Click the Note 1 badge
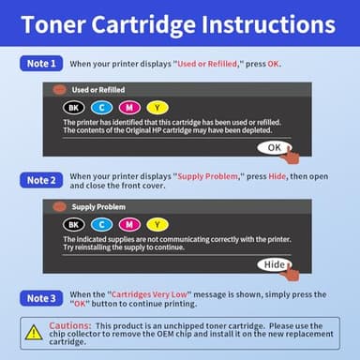[x=40, y=63]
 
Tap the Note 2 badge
[x=40, y=179]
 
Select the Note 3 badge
[x=40, y=298]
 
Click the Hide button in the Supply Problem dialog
[x=273, y=265]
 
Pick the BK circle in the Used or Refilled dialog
[x=74, y=109]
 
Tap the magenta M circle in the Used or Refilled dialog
[x=129, y=109]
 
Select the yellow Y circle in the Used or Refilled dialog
[x=157, y=109]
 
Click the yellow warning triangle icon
[x=34, y=333]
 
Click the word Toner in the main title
[x=67, y=23]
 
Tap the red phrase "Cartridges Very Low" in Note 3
[x=149, y=293]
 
